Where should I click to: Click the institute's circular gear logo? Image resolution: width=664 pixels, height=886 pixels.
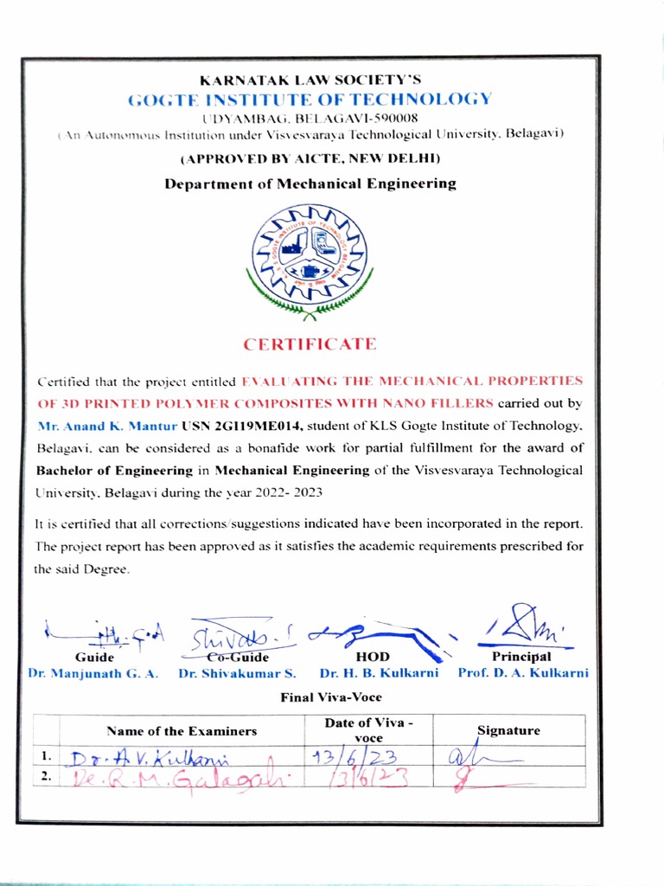click(x=309, y=253)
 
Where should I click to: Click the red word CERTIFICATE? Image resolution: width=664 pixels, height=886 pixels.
click(x=310, y=344)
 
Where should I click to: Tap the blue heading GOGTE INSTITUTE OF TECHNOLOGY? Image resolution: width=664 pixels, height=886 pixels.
click(x=310, y=99)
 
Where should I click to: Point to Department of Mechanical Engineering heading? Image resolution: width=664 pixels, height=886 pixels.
click(x=310, y=183)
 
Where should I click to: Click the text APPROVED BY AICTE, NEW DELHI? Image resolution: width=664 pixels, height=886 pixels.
click(x=310, y=158)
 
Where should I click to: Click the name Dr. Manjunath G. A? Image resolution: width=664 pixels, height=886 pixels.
click(x=93, y=673)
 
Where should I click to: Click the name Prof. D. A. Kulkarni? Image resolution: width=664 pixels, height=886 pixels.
click(x=523, y=673)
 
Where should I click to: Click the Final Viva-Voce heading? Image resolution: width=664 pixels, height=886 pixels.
click(x=331, y=697)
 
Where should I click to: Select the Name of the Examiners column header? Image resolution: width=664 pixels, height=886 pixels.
click(x=182, y=731)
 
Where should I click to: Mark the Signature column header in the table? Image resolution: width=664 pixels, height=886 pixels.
click(x=508, y=731)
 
